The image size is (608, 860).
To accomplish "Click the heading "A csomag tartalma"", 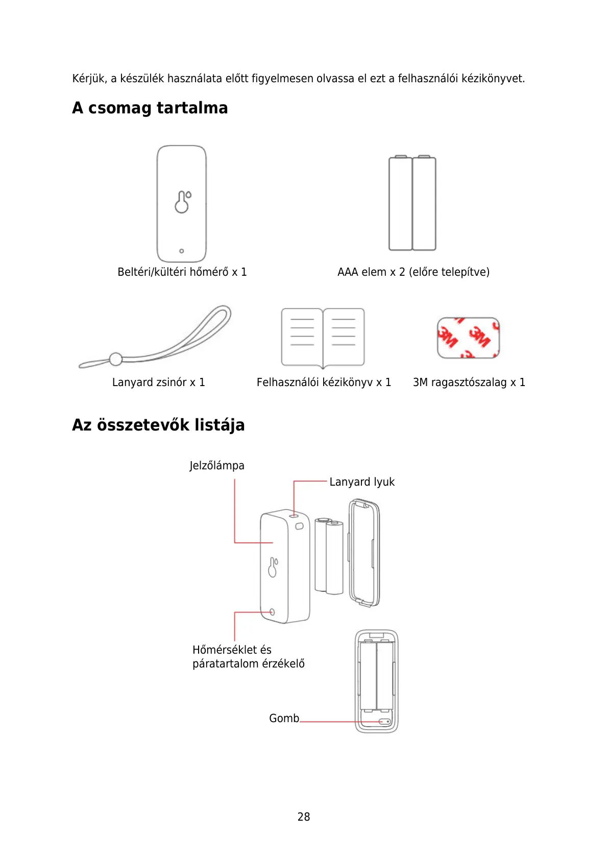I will [150, 108].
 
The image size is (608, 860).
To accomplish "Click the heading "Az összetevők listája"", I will [158, 425].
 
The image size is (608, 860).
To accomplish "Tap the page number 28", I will [304, 817].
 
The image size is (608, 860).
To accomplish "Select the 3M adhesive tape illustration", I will [468, 338].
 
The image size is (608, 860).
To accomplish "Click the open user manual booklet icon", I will [323, 337].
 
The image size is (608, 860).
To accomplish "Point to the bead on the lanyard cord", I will [116, 359].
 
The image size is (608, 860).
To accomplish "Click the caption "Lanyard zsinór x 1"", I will [158, 383].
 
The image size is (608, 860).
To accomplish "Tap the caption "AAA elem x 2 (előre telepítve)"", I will [413, 272].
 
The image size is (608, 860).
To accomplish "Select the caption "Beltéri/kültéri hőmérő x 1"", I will [182, 272].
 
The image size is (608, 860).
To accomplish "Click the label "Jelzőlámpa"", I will [217, 466].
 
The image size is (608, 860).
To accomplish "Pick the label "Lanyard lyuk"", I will [362, 482].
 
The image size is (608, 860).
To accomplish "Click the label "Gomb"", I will [284, 719].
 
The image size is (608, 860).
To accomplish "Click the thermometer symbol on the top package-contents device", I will [182, 202].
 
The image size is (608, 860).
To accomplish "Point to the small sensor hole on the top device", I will [182, 251].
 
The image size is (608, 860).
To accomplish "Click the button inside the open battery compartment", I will [385, 722].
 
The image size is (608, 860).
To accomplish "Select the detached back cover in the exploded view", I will [364, 553].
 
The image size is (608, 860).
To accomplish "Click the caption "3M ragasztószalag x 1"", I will [469, 383].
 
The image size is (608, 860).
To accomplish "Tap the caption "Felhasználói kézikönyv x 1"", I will [324, 383].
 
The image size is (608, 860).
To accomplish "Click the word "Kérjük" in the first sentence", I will [89, 79].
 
